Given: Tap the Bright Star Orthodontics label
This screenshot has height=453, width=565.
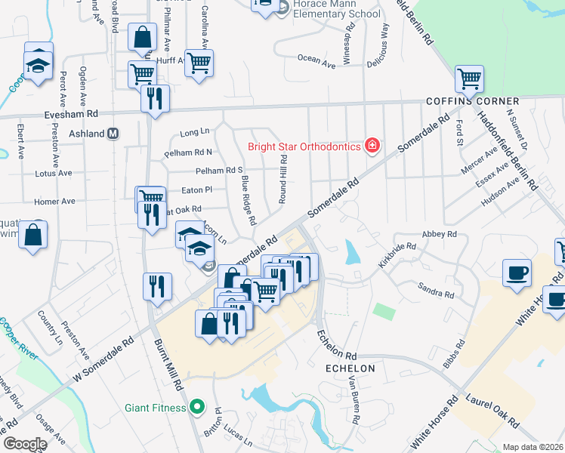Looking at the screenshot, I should click(x=304, y=146).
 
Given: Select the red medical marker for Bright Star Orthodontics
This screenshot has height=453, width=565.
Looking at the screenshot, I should click(x=372, y=145).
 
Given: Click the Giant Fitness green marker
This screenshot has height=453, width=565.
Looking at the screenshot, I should click(x=198, y=408).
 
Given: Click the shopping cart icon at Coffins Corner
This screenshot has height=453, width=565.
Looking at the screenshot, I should click(x=469, y=78).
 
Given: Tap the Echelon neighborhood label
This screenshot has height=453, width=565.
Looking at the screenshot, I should click(x=350, y=368).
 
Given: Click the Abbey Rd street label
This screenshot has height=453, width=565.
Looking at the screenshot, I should click(x=440, y=235).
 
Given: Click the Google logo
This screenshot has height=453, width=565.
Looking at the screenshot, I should click(x=25, y=444).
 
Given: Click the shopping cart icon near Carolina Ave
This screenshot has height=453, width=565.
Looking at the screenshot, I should click(x=199, y=63).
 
